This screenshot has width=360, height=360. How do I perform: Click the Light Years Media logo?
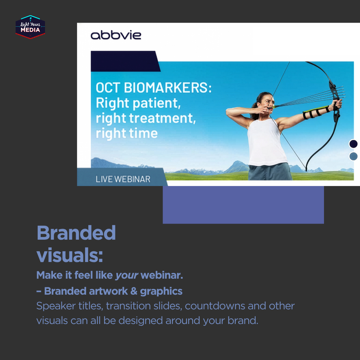click(30, 27)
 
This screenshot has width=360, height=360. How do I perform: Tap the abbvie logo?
click(116, 35)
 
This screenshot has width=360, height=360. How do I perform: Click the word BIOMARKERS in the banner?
click(168, 87)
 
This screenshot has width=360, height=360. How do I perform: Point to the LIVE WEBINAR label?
click(123, 179)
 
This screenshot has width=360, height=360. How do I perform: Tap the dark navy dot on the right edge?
click(353, 144)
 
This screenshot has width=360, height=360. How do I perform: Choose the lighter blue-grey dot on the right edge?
click(353, 156)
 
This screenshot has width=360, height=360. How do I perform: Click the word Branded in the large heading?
click(76, 233)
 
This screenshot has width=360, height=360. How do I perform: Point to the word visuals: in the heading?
click(70, 255)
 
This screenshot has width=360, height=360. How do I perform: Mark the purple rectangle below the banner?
click(243, 205)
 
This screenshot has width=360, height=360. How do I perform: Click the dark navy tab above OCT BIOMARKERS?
click(125, 61)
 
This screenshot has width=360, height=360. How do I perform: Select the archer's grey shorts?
click(270, 172)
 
